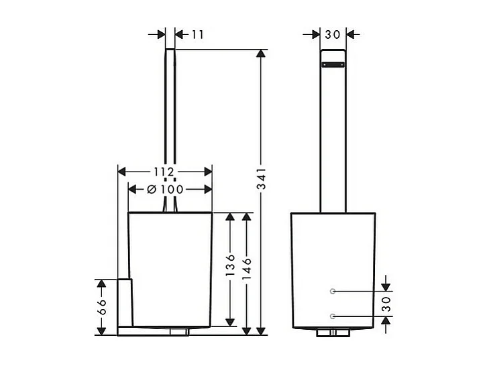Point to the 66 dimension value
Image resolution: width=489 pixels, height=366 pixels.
pos(101,308)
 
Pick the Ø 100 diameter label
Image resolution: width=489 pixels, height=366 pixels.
pos(165,189)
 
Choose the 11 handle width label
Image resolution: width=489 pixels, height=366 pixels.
pos(197,34)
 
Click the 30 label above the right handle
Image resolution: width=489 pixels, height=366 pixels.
pos(332,34)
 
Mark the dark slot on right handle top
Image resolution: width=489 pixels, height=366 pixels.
pos(332,65)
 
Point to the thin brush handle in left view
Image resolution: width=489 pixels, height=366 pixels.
pos(170,121)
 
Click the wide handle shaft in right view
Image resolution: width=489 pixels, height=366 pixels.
pos(332,141)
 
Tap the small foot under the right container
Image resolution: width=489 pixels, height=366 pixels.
pos(332,332)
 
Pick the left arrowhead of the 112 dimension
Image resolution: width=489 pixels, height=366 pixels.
pos(123,171)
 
